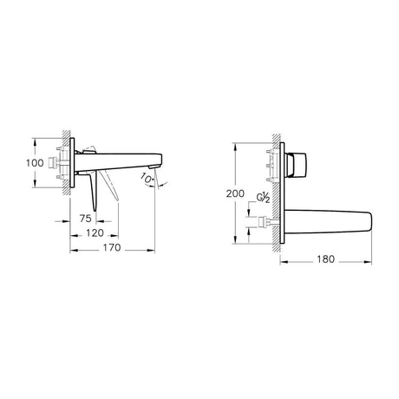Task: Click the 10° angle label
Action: [x=148, y=179]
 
